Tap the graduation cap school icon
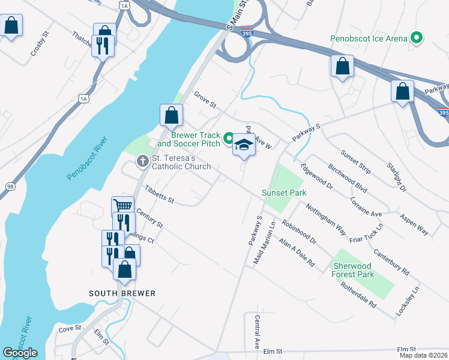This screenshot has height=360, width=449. click(x=244, y=145)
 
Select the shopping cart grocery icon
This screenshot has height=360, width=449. click(x=122, y=206)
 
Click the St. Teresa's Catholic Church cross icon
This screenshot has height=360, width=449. click(x=143, y=160)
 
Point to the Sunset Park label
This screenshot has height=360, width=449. click(x=283, y=193)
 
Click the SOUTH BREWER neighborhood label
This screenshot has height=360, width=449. click(x=122, y=293)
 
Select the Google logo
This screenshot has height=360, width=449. click(x=20, y=353)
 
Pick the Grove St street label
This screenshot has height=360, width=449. click(x=205, y=100)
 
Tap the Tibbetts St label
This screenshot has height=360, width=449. click(x=159, y=194)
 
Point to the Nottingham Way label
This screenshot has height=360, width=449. click(x=325, y=220)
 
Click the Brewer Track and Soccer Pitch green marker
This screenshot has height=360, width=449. click(x=228, y=139)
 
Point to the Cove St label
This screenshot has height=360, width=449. click(x=70, y=329)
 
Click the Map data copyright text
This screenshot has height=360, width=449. click(x=423, y=355)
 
